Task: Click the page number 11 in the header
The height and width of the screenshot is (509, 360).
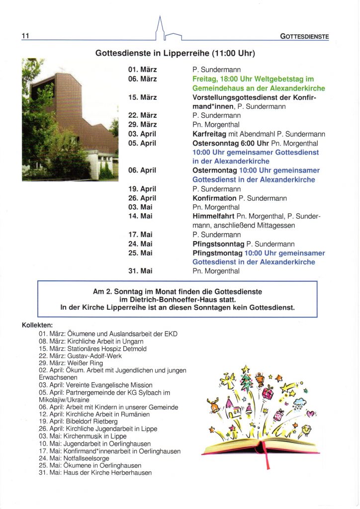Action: (26, 36)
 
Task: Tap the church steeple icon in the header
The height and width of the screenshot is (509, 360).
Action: (160, 29)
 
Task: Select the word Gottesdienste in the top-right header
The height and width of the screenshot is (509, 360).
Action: (304, 36)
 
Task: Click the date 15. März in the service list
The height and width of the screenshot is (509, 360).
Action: (142, 97)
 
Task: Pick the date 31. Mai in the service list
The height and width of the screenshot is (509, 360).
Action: (140, 271)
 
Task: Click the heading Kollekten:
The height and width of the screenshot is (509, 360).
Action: (37, 325)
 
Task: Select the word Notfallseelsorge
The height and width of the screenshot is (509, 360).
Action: (86, 458)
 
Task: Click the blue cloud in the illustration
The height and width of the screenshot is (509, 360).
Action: (299, 402)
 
